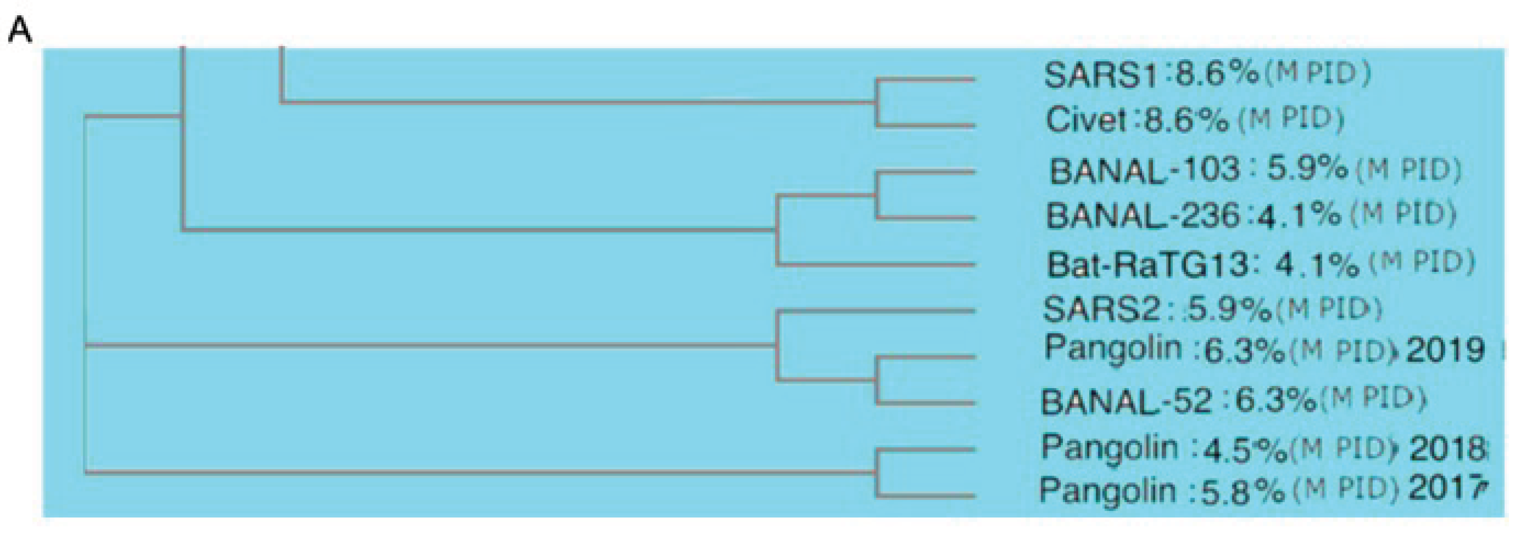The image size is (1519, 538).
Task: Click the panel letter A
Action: click(x=20, y=30)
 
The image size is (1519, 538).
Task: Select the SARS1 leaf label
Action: click(x=1100, y=75)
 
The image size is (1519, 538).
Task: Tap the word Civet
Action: click(x=1086, y=120)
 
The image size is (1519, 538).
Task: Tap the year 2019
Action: click(x=1445, y=350)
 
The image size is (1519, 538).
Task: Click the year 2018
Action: click(x=1448, y=449)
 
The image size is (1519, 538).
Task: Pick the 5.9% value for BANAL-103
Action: click(x=1307, y=169)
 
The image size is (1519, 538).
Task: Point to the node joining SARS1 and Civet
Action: click(x=878, y=102)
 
